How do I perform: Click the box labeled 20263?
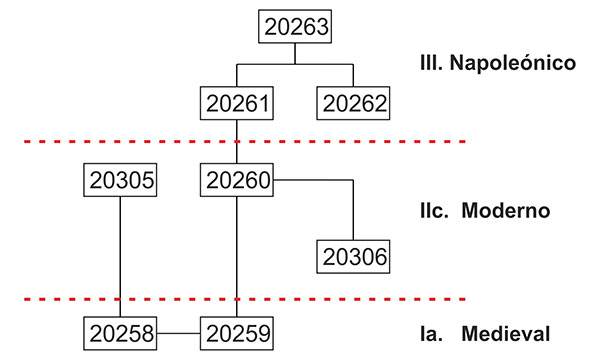point(295,26)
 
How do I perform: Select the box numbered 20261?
point(237,103)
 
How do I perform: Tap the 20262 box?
point(353,103)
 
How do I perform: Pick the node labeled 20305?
point(120,180)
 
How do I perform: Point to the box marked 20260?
point(237,180)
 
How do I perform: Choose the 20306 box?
point(353,257)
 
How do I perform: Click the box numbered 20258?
point(120,333)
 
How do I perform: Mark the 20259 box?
point(237,333)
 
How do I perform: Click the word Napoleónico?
point(513,62)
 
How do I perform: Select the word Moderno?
point(506,210)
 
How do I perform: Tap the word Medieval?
point(506,333)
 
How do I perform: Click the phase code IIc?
point(434,210)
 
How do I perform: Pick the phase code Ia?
point(431,333)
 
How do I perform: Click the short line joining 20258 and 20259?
point(179,333)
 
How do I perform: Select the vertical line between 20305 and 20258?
point(120,257)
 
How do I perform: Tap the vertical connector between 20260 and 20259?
point(237,257)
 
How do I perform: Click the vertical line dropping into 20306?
point(353,210)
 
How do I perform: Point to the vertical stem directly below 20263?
point(295,54)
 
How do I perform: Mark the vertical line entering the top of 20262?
point(353,75)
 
